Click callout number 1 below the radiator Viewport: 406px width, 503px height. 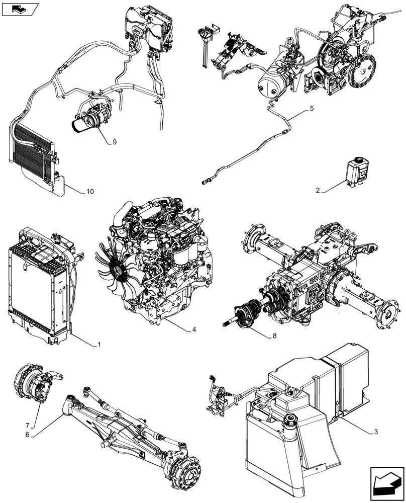coord(99,345)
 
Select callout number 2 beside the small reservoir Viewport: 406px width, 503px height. coord(318,191)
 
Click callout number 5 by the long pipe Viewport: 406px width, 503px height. coord(312,108)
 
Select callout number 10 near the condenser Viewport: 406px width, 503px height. coord(89,192)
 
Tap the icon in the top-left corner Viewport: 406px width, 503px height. coord(20,9)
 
